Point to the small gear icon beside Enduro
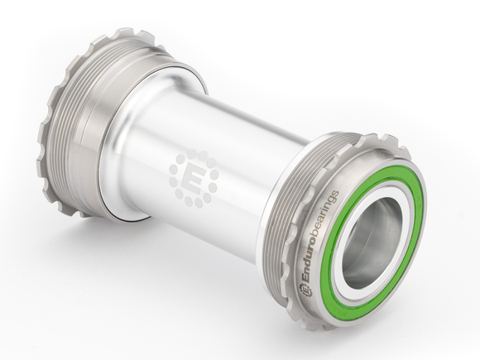(x=303, y=288)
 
